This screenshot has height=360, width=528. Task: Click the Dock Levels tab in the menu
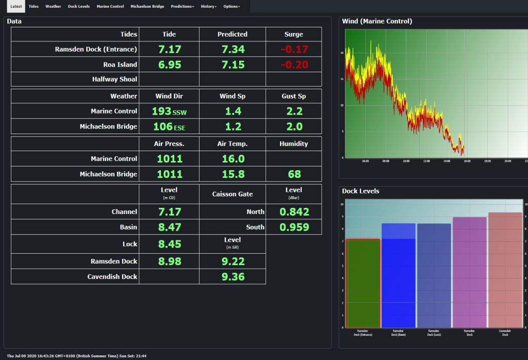(78, 6)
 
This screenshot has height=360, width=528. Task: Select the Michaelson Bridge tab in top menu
(147, 6)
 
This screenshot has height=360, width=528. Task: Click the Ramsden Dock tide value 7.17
(169, 50)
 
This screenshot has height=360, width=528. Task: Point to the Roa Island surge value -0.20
(294, 65)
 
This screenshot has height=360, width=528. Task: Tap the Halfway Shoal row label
(114, 79)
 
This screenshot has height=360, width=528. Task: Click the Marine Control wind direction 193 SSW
(169, 111)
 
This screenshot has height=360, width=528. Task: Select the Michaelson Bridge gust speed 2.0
(294, 127)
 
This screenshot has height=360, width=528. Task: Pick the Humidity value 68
(294, 174)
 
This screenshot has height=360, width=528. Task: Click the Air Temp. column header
(232, 144)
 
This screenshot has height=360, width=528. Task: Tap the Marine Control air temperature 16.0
(233, 159)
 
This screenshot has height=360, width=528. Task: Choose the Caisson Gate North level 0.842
(294, 212)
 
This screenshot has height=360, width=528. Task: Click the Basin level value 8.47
(169, 227)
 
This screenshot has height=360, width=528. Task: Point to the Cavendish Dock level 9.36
(233, 277)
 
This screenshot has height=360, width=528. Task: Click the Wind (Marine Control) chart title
(377, 21)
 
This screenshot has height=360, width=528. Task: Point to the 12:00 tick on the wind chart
(426, 161)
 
